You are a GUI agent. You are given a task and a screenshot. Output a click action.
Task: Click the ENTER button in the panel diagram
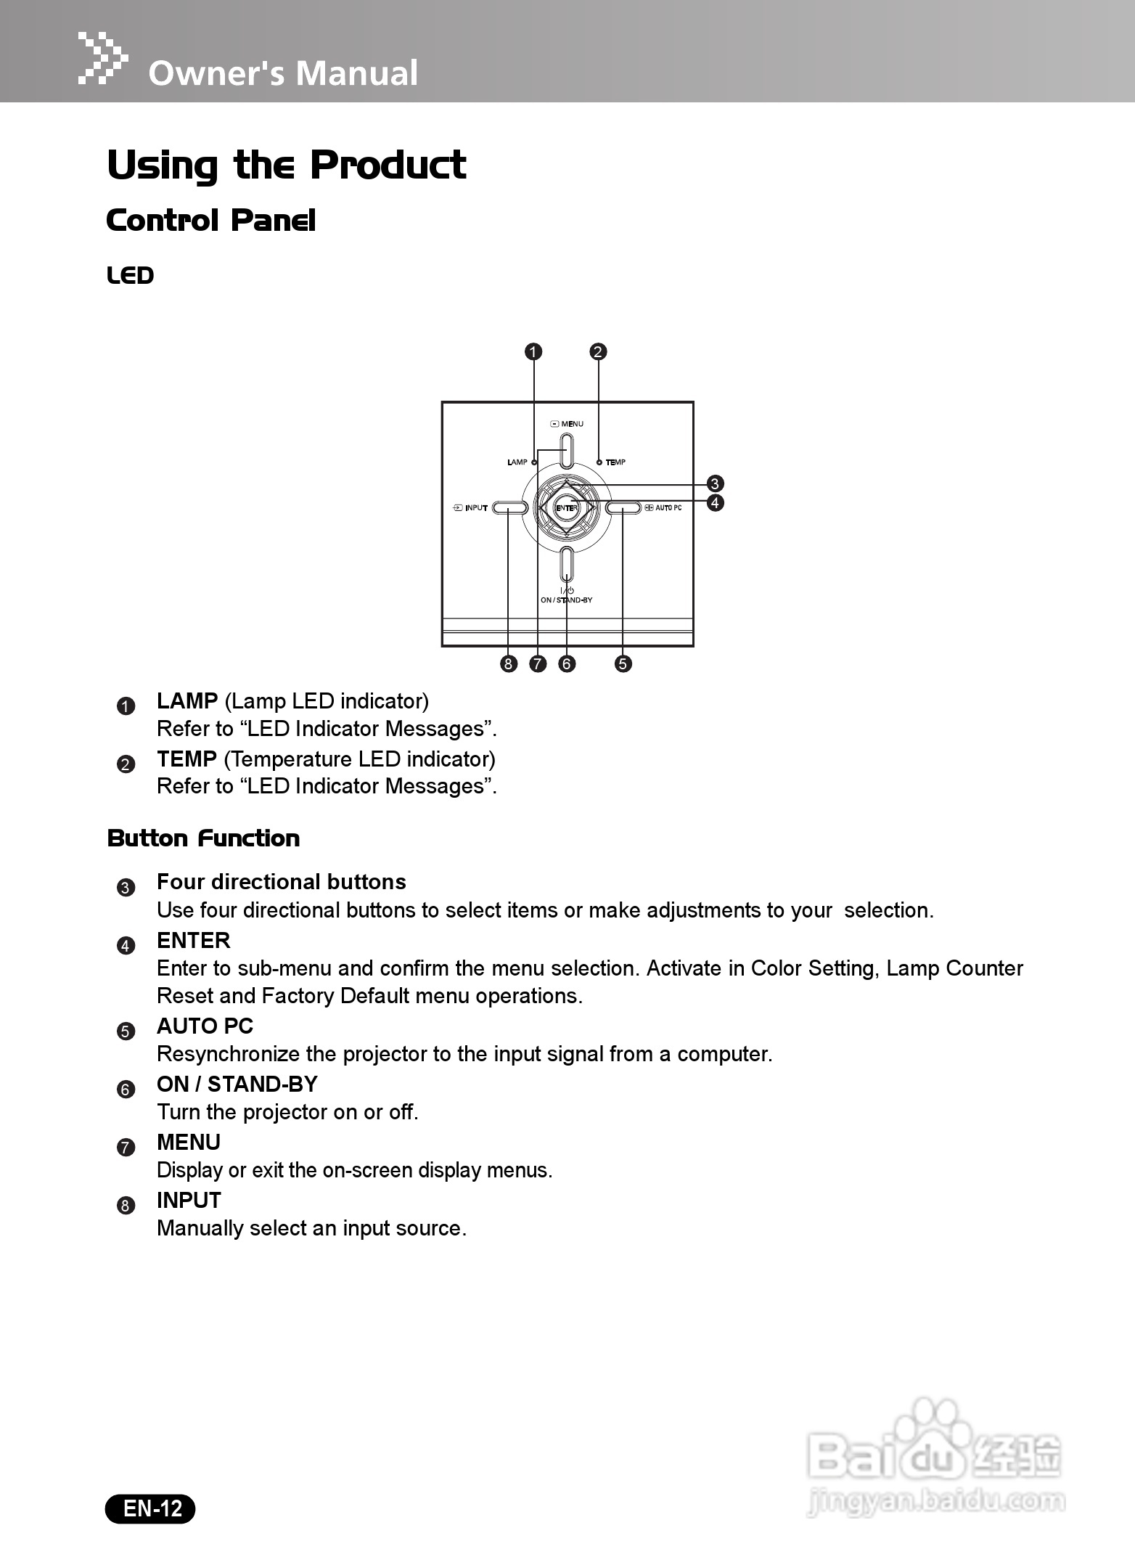click(566, 508)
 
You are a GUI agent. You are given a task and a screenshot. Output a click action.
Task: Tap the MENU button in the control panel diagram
click(567, 450)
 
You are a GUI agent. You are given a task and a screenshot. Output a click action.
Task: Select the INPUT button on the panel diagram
click(509, 508)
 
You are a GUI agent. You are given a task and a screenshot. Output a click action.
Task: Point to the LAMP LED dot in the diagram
click(534, 462)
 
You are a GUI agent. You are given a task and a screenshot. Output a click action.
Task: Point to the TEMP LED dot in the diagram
click(599, 462)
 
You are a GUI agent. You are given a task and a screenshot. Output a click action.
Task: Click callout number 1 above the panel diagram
click(533, 352)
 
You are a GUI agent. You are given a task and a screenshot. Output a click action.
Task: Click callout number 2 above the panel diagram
click(598, 352)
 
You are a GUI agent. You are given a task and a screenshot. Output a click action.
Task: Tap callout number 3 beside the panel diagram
click(715, 484)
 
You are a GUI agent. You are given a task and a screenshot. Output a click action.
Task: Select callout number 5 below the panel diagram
click(623, 663)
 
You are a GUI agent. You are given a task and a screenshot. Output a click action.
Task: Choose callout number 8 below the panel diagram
click(508, 663)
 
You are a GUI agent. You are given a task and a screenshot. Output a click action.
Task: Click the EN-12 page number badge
click(151, 1508)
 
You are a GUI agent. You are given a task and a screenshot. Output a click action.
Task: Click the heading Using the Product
click(286, 165)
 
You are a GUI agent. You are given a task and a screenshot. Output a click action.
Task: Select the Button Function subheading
click(203, 838)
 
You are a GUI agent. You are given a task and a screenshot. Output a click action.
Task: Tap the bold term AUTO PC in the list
click(205, 1026)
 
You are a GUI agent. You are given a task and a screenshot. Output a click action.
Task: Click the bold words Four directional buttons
click(281, 882)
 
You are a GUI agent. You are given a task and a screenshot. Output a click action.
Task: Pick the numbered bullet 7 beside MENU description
click(126, 1148)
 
